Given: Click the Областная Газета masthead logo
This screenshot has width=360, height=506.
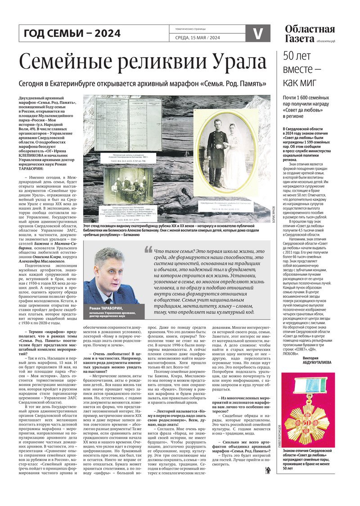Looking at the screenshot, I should (310, 34).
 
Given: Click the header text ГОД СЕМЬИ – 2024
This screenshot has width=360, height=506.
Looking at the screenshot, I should (72, 33).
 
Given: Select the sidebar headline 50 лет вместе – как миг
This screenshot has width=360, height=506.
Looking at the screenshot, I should (301, 70).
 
